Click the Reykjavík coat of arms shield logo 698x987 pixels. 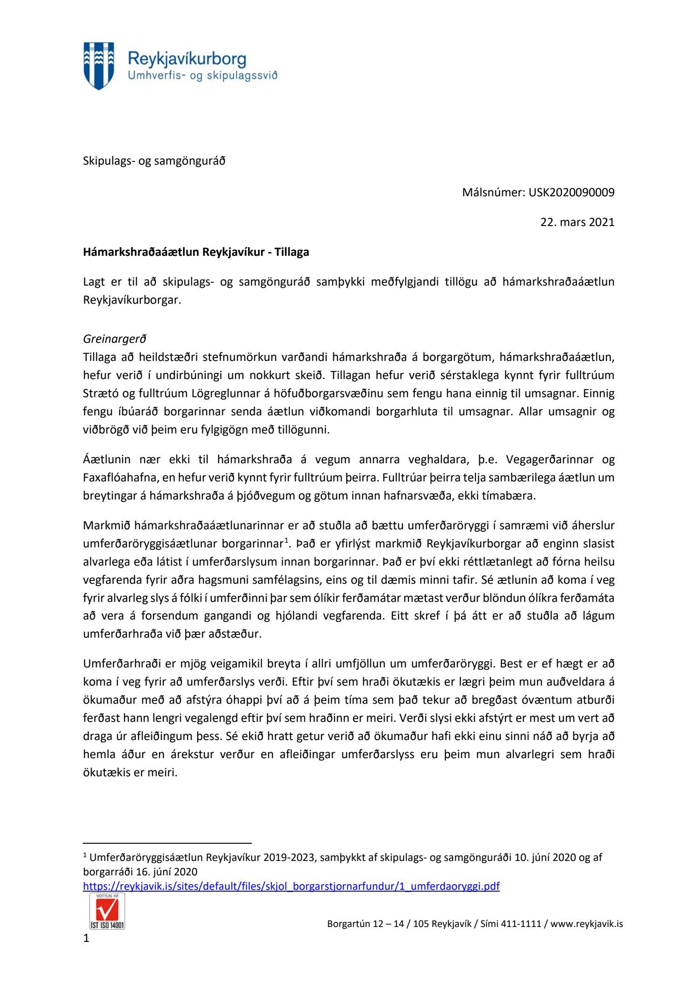pos(99,66)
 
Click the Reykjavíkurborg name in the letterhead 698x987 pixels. pos(187,59)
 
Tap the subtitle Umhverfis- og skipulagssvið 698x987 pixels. pos(202,75)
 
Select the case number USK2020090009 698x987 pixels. pos(571,192)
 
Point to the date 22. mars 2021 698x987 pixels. pos(577,222)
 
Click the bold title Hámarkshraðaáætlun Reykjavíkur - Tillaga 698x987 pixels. pos(196,252)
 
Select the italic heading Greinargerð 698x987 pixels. pos(114,339)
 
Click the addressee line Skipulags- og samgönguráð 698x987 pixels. pos(154,161)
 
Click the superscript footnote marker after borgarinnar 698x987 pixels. pos(287,540)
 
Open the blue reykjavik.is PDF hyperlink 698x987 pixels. pos(291,886)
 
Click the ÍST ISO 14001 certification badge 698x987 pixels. pos(107,911)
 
